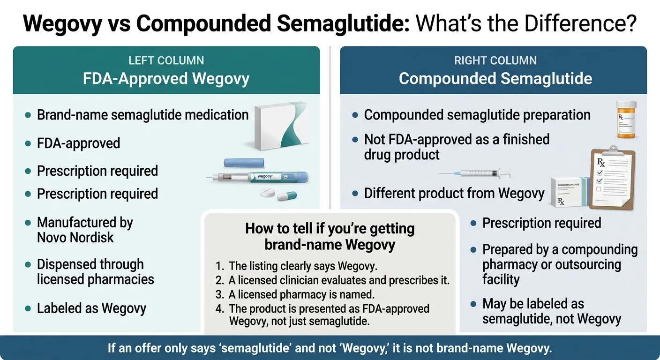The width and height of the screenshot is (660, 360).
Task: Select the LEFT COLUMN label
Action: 166,60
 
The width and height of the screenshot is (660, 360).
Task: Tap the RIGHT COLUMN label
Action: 495,60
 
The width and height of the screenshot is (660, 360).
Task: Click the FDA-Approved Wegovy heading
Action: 166,78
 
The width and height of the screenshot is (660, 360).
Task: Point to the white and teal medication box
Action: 282,126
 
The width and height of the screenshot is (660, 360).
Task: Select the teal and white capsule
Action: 286,195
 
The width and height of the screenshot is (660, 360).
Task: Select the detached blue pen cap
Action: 244,163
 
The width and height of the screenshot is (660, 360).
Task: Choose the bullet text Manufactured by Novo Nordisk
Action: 85,230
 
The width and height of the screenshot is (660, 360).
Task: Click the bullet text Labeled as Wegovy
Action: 91,308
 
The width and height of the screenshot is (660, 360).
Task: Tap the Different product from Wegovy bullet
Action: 454,194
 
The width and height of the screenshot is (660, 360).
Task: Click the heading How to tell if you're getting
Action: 330,229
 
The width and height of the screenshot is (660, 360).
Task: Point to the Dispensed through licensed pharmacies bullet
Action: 95,272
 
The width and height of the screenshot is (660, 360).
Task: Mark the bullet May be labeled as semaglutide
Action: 552,311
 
